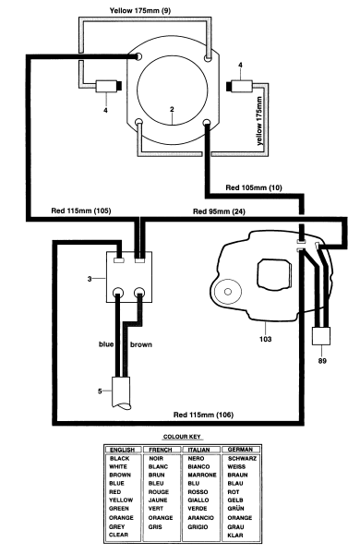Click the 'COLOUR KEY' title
pos(182,436)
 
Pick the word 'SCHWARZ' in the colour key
pos(242,458)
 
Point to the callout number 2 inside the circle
pos(171,110)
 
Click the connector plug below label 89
pos(323,337)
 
